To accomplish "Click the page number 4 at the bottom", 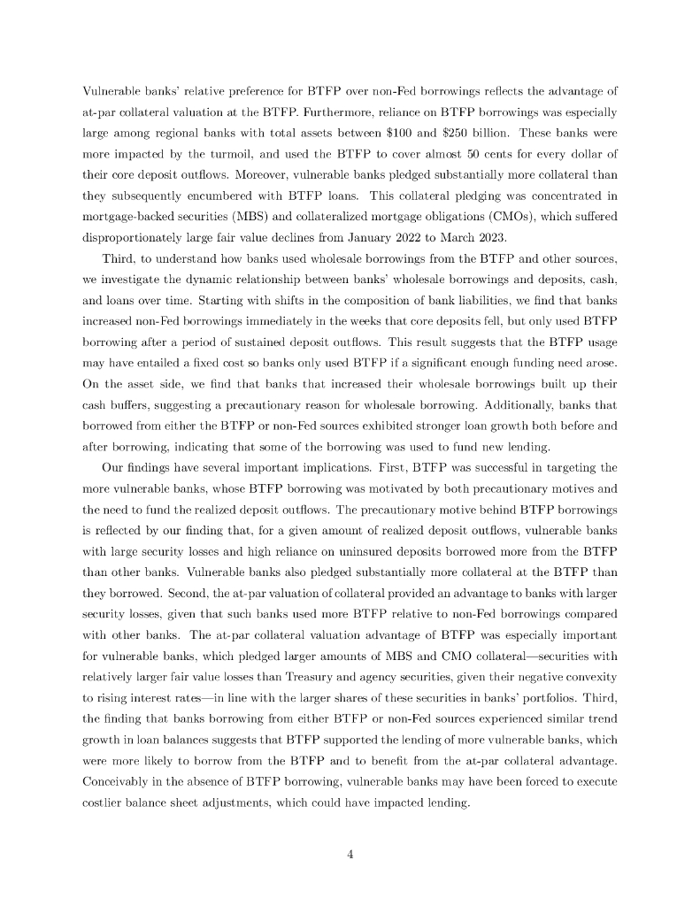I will coord(350,855).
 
